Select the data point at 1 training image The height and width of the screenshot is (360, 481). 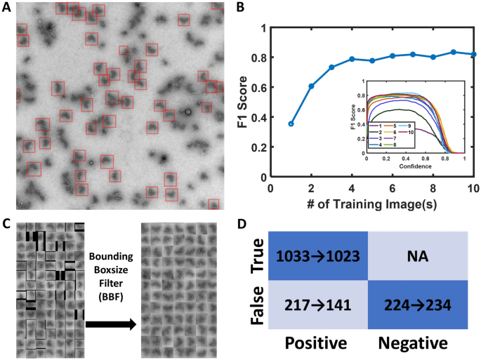291,124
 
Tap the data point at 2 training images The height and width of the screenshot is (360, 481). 311,86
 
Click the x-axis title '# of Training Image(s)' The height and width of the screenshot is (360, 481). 371,206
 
